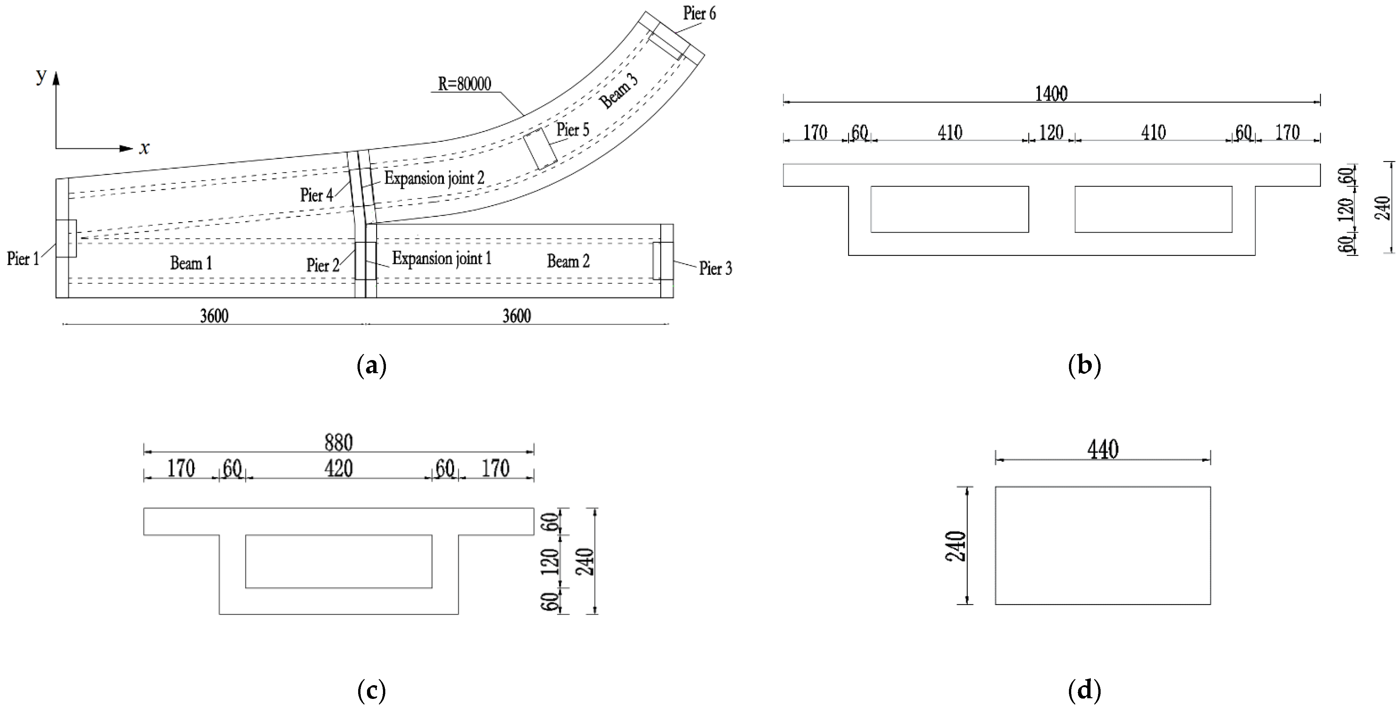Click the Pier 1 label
point(23,258)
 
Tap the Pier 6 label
point(699,14)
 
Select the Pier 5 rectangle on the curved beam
point(540,149)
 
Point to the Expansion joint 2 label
point(434,178)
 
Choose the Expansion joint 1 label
point(442,258)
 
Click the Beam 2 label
point(568,262)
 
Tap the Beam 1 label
point(191,263)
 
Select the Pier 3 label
point(715,269)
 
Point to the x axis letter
point(144,148)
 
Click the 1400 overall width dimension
point(1051,94)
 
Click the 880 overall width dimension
point(339,443)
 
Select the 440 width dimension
point(1103,450)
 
